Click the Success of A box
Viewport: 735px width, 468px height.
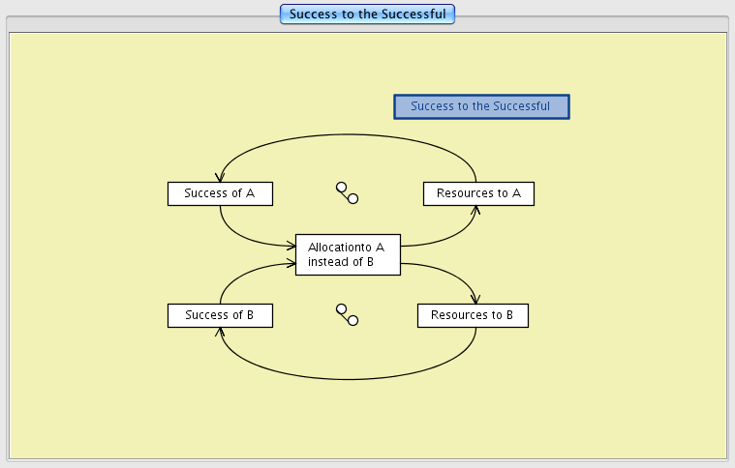pos(220,193)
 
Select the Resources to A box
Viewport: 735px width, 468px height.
pos(478,193)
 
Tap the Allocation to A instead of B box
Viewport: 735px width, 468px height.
pos(348,255)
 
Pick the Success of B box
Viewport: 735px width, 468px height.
pos(220,315)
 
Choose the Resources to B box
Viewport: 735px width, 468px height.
pos(473,315)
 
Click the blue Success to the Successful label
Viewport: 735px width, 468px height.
pos(481,106)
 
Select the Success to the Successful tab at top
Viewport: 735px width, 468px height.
pos(367,14)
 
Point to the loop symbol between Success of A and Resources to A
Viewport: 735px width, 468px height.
pos(347,192)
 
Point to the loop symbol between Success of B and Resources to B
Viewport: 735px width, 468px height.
pos(347,314)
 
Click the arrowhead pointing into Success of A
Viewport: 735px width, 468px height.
pos(221,178)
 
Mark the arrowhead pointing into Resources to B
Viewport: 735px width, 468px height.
pos(475,300)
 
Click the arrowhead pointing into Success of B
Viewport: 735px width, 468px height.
pos(221,331)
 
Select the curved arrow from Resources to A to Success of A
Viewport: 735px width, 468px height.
pos(349,133)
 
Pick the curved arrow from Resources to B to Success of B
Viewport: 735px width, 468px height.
pos(349,378)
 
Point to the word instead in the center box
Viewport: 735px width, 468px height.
pos(326,262)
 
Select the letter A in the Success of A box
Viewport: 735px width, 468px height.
pos(250,193)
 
